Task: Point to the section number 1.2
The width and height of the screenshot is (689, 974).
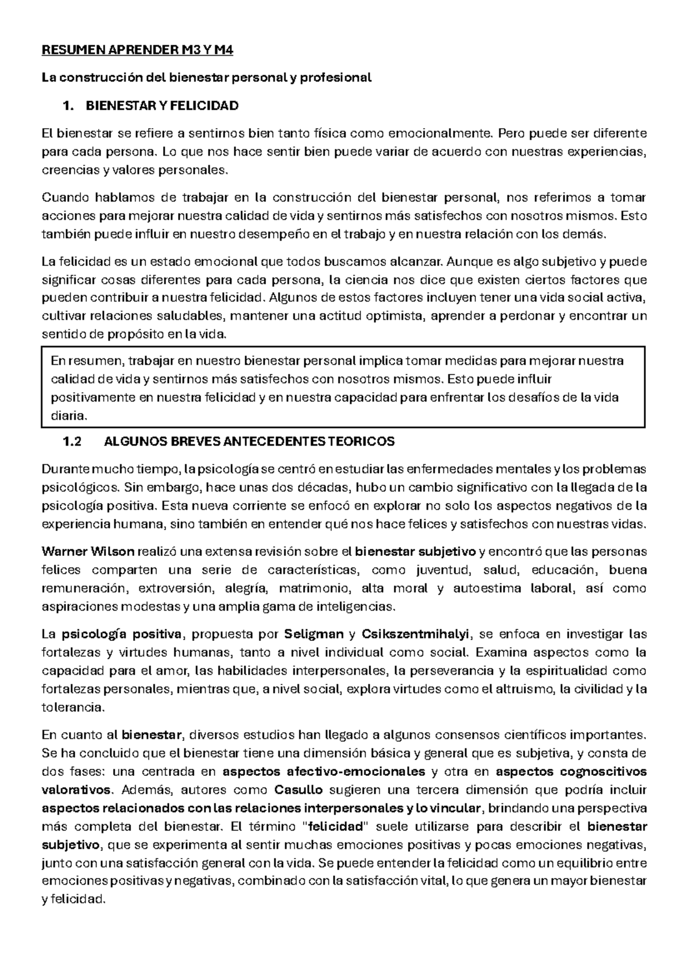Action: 72,442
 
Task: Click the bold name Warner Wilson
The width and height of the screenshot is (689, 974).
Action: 88,552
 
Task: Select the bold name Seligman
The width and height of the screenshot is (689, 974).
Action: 313,635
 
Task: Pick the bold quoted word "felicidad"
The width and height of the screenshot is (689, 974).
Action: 336,827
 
